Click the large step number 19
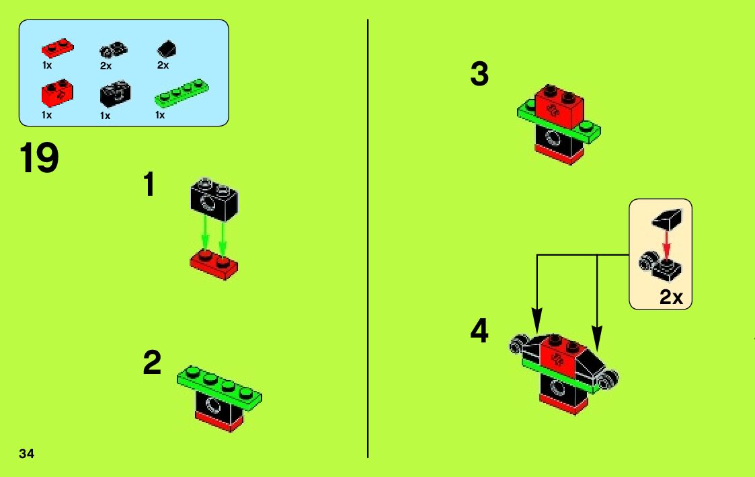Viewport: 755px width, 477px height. click(40, 159)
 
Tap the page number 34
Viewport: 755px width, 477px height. click(27, 452)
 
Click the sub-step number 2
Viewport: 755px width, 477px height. click(152, 364)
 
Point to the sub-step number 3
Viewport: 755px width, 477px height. click(479, 75)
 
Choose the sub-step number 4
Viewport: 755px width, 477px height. click(479, 332)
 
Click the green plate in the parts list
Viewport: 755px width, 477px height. click(182, 94)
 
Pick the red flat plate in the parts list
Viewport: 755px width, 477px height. click(57, 48)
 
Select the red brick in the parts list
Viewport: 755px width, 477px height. click(57, 94)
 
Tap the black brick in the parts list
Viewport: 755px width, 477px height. click(116, 94)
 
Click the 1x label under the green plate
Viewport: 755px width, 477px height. click(160, 115)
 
